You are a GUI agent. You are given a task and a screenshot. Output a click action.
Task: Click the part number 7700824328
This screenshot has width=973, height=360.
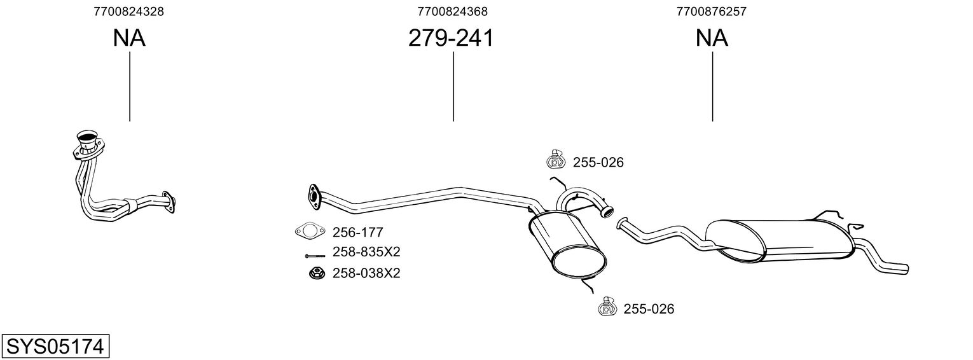[x=128, y=11]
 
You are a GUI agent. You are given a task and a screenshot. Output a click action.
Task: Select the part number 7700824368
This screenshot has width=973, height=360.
[x=453, y=11]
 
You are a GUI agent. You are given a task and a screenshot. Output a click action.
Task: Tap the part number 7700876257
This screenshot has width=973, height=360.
[x=711, y=11]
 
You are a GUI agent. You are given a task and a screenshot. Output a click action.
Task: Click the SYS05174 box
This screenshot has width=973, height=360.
[x=55, y=347]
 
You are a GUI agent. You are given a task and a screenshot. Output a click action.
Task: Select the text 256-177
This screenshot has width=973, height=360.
[x=357, y=233]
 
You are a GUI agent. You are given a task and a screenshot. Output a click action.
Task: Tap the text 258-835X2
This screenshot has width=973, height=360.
[x=366, y=252]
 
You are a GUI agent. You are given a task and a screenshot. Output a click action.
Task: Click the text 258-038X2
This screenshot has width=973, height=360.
[x=366, y=273]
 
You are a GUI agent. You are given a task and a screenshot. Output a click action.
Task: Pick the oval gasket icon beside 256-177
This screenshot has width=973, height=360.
[x=310, y=231]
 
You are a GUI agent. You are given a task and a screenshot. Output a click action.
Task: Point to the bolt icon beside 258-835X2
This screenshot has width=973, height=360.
[x=315, y=256]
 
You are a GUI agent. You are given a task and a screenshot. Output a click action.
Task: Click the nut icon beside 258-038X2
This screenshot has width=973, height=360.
[x=317, y=273]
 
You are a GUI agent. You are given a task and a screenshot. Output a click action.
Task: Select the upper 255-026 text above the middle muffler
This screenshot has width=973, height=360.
[x=598, y=162]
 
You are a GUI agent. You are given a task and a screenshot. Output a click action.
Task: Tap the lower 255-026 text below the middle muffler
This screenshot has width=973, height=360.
[x=649, y=308]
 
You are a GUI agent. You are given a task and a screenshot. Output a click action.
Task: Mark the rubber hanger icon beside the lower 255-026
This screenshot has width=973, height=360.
[x=608, y=306]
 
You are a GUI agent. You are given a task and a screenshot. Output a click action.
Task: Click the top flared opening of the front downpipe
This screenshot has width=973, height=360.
[x=86, y=135]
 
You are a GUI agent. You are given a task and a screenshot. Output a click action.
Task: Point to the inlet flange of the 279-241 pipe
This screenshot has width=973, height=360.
[x=313, y=194]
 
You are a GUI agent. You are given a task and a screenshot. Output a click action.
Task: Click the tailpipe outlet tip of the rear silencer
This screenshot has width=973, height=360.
[x=906, y=269]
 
